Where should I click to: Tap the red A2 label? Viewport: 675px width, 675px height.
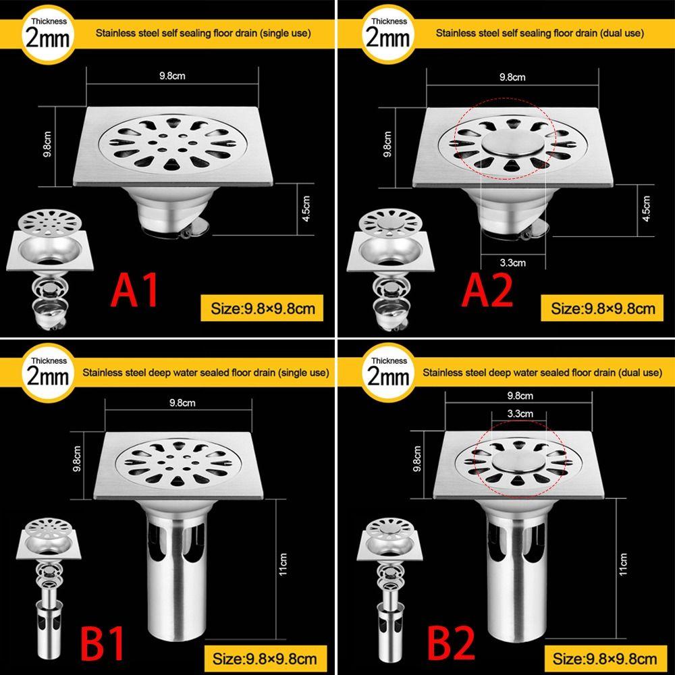point(487,290)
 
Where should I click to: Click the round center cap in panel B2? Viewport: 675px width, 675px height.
point(519,462)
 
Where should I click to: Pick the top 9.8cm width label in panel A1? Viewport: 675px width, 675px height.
point(172,76)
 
